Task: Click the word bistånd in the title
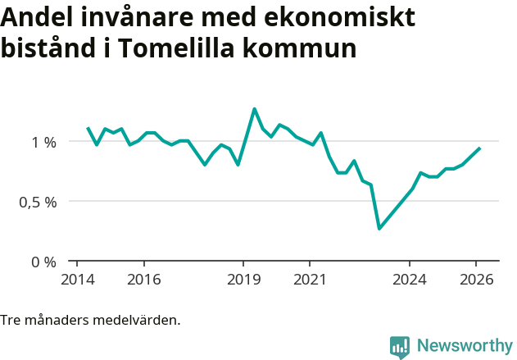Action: (51, 48)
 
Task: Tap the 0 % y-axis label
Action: (43, 262)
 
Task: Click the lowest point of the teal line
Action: (379, 228)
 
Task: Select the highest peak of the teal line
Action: (254, 108)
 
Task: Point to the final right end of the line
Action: (479, 148)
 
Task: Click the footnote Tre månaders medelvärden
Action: (90, 320)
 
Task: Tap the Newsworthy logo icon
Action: (399, 347)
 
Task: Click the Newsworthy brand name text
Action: (465, 346)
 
